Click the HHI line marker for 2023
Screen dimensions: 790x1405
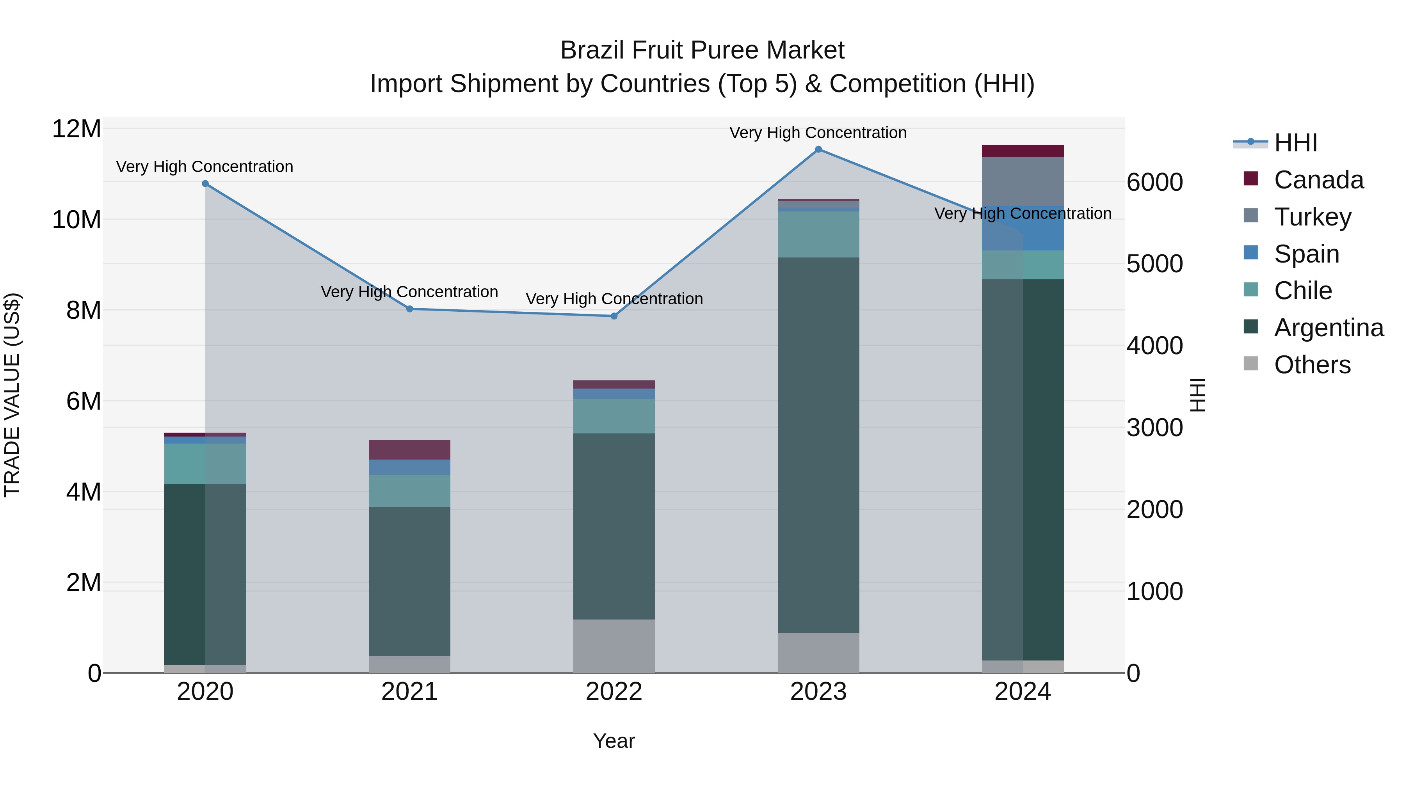pos(818,149)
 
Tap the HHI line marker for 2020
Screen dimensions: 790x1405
pos(205,184)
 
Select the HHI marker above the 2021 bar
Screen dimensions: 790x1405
pos(410,309)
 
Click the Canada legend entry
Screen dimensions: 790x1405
pos(1318,180)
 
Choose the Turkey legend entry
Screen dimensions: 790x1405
pos(1312,217)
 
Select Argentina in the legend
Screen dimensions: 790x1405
pos(1328,328)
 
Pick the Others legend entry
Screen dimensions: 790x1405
pos(1312,365)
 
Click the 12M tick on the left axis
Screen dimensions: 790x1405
pos(76,129)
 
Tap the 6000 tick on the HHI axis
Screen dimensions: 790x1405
pos(1155,182)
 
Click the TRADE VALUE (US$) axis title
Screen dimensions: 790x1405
pos(12,395)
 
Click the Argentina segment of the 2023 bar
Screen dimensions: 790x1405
pos(818,444)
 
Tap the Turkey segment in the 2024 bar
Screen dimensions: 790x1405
pos(1023,181)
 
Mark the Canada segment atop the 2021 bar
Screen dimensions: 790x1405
pos(410,450)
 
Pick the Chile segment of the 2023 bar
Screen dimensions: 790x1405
pos(818,234)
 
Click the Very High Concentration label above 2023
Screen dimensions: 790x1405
pos(818,133)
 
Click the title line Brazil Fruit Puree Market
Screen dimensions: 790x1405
pos(702,50)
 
